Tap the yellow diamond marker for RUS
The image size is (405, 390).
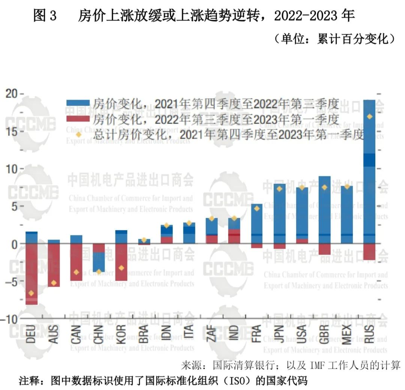coord(369,116)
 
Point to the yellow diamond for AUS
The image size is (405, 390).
coord(54,283)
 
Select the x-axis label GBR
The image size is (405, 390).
coord(324,333)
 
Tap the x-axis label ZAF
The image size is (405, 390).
coord(211,333)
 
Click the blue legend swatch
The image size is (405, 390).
coord(78,103)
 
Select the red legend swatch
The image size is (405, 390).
coord(78,119)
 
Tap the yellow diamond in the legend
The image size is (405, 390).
coord(78,134)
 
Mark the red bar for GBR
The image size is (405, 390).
coord(324,249)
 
